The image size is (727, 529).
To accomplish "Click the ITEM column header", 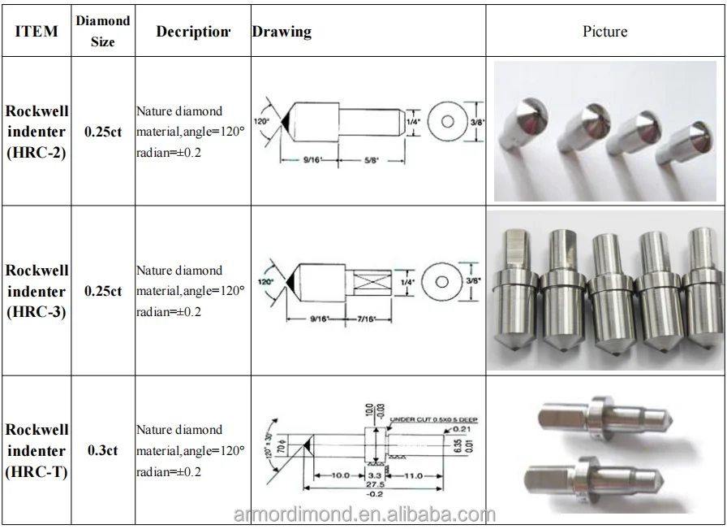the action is click(37, 31).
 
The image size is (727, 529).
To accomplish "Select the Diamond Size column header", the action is click(102, 31).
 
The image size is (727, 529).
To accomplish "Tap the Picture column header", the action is click(604, 31).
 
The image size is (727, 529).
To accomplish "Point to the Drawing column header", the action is click(282, 32).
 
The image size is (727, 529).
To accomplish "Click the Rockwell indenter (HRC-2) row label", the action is click(37, 131).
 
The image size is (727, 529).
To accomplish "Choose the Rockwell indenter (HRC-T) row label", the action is click(37, 450).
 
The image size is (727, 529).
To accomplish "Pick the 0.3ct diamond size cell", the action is click(102, 450).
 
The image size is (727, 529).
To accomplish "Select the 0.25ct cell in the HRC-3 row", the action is click(102, 291).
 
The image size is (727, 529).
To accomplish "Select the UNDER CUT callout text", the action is click(434, 419).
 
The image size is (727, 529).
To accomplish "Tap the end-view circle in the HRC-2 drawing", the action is click(445, 121).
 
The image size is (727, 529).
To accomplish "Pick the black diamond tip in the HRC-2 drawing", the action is click(286, 121).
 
